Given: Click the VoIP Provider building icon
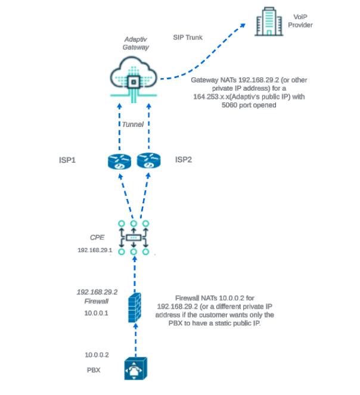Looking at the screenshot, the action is pos(269,21).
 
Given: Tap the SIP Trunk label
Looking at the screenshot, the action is pos(188,38).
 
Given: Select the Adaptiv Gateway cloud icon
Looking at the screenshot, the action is pos(134,79).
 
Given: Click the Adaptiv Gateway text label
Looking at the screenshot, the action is pos(136,43).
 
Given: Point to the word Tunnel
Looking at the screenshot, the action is pos(133,125).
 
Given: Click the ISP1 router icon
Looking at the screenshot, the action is pos(119,161).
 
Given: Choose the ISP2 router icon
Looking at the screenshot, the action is pos(149,160).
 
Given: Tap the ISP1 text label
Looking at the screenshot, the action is pos(67,160).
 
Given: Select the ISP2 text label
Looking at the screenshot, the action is pos(184,160).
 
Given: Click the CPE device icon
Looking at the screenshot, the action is pos(134,238).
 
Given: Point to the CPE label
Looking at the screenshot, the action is pos(97,238).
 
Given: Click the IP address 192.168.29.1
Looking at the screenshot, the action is pos(95,250).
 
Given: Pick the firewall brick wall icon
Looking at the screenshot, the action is pos(135,307).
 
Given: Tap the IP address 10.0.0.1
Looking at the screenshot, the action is pos(97,313).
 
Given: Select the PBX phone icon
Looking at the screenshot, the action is pos(136,368).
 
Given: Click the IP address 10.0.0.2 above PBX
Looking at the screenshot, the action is pos(97,355).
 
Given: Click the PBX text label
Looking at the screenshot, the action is pos(94,370).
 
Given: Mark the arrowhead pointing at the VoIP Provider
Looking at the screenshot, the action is pos(243,26).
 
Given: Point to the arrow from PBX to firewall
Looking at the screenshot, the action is pos(136,340).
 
